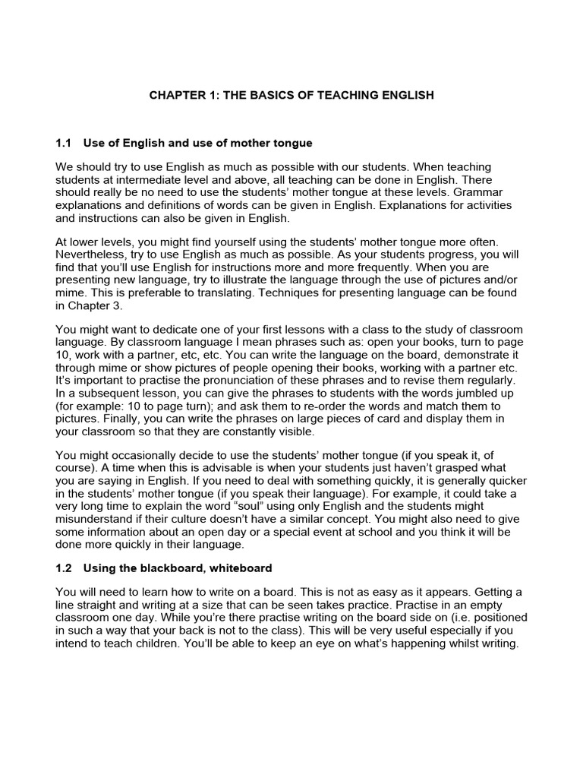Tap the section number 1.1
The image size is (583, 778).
point(64,143)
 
